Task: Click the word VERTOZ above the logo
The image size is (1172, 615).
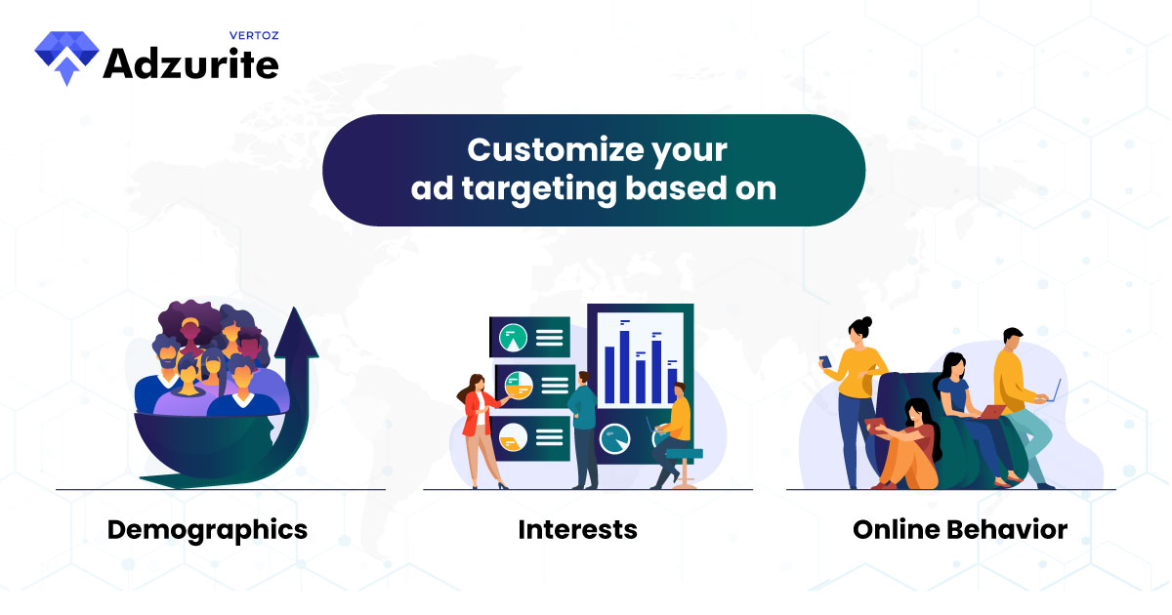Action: (x=254, y=35)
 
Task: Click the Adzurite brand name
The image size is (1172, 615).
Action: (x=191, y=63)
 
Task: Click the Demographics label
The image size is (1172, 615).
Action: (x=207, y=531)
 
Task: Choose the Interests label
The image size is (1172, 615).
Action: (x=577, y=529)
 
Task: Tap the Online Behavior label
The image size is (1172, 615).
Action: (x=960, y=529)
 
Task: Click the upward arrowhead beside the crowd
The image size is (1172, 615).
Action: (x=296, y=333)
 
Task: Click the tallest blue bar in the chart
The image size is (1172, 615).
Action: (x=624, y=367)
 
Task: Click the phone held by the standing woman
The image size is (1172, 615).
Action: (x=825, y=361)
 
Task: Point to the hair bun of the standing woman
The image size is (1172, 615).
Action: (x=867, y=321)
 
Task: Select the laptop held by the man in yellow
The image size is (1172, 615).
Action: (x=1052, y=392)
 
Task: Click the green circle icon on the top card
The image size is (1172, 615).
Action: (x=513, y=338)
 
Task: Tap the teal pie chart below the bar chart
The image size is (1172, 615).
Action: (x=614, y=438)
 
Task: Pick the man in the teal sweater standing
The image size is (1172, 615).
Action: (x=584, y=430)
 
